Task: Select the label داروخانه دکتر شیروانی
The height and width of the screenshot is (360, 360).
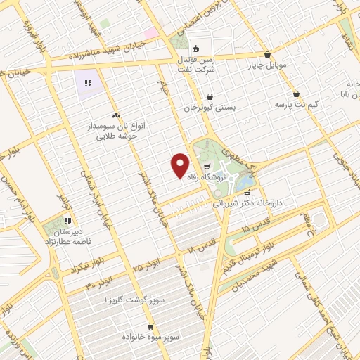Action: tap(248, 202)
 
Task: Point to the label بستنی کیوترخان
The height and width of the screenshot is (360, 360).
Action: tap(208, 109)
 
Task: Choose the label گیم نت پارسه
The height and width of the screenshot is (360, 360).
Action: tap(295, 104)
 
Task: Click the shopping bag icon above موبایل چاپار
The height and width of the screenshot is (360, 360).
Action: tap(267, 54)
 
